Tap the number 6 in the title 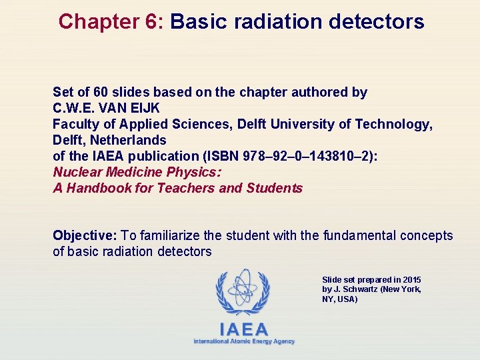pos(151,22)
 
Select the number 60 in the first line pos(109,92)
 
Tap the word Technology pos(393,124)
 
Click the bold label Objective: pos(85,235)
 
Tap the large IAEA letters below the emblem pos(244,329)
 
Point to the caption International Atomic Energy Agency pos(244,341)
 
